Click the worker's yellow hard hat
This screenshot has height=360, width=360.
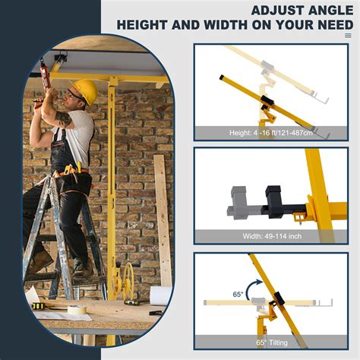pyautogui.click(x=86, y=92)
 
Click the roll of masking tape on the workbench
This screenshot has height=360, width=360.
pyautogui.click(x=76, y=310)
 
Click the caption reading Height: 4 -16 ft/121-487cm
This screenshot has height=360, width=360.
pyautogui.click(x=271, y=133)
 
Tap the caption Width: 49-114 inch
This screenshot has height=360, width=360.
pyautogui.click(x=271, y=236)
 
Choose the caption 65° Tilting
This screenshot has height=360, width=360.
pyautogui.click(x=271, y=341)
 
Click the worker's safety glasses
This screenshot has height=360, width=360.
pyautogui.click(x=75, y=95)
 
